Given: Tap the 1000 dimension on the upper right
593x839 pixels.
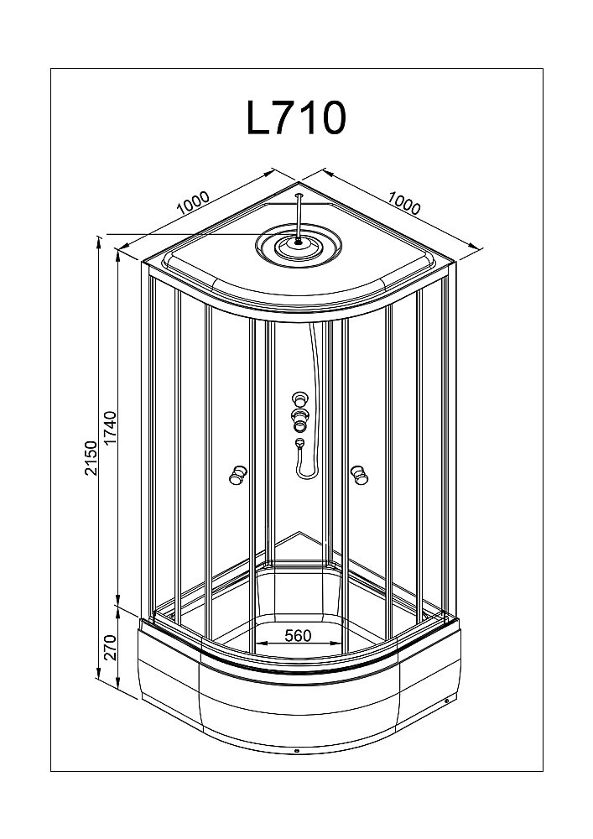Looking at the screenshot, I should [404, 202].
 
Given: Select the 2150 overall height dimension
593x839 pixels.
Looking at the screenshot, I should [91, 457].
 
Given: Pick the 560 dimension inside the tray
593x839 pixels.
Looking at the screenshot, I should [298, 636].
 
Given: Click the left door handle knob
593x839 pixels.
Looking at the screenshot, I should [237, 476].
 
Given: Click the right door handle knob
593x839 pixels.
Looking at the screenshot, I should [361, 476].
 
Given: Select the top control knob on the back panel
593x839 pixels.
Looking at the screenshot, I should [299, 399].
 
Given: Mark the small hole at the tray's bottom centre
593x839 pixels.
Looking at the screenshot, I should [298, 752].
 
